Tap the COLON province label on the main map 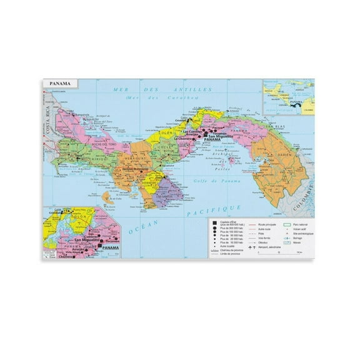click(x=166, y=132)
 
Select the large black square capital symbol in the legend click(x=214, y=223)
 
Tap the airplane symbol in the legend click(x=252, y=247)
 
